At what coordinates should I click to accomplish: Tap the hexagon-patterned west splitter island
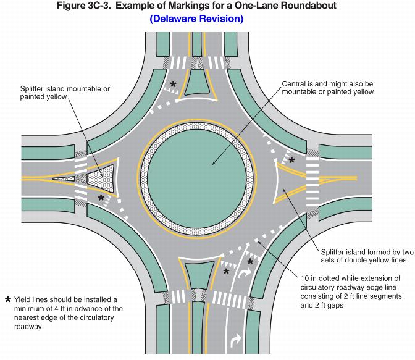click(101, 178)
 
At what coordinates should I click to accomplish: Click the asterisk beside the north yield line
click(174, 84)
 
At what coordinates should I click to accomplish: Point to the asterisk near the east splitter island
click(291, 160)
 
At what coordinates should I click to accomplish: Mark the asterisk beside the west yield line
click(101, 198)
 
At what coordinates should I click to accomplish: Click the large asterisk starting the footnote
click(8, 300)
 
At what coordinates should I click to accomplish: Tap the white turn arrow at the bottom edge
click(236, 340)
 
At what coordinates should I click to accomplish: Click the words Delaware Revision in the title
click(196, 19)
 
